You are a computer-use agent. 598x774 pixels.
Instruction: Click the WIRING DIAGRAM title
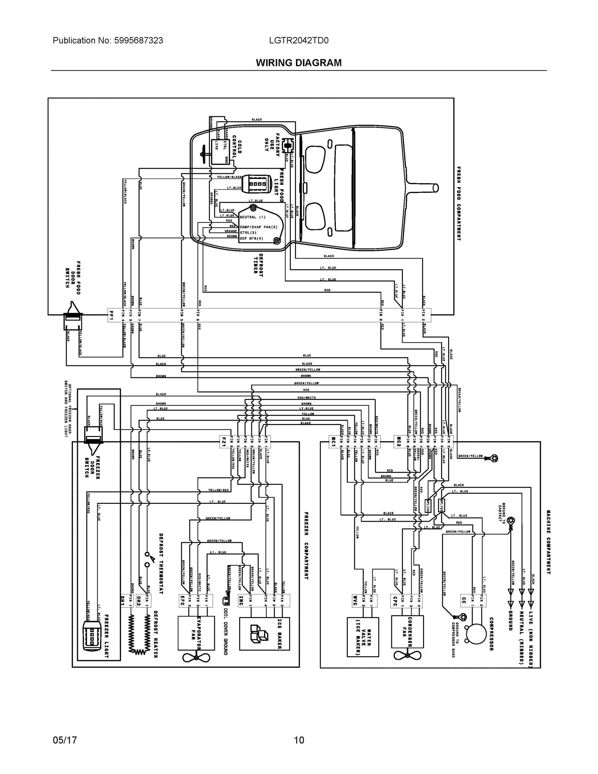[x=299, y=63]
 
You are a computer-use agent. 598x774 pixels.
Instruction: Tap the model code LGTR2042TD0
[x=299, y=40]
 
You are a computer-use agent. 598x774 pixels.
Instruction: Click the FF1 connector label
[x=112, y=315]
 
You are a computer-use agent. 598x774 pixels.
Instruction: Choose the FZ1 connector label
[x=223, y=442]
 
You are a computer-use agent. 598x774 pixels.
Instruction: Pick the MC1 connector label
[x=333, y=442]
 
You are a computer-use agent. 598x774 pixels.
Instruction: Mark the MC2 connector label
[x=398, y=442]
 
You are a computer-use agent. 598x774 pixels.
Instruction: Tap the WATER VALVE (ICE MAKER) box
[x=362, y=636]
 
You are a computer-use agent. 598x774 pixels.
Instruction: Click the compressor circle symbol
[x=476, y=634]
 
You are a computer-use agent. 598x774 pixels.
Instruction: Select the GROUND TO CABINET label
[x=502, y=512]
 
